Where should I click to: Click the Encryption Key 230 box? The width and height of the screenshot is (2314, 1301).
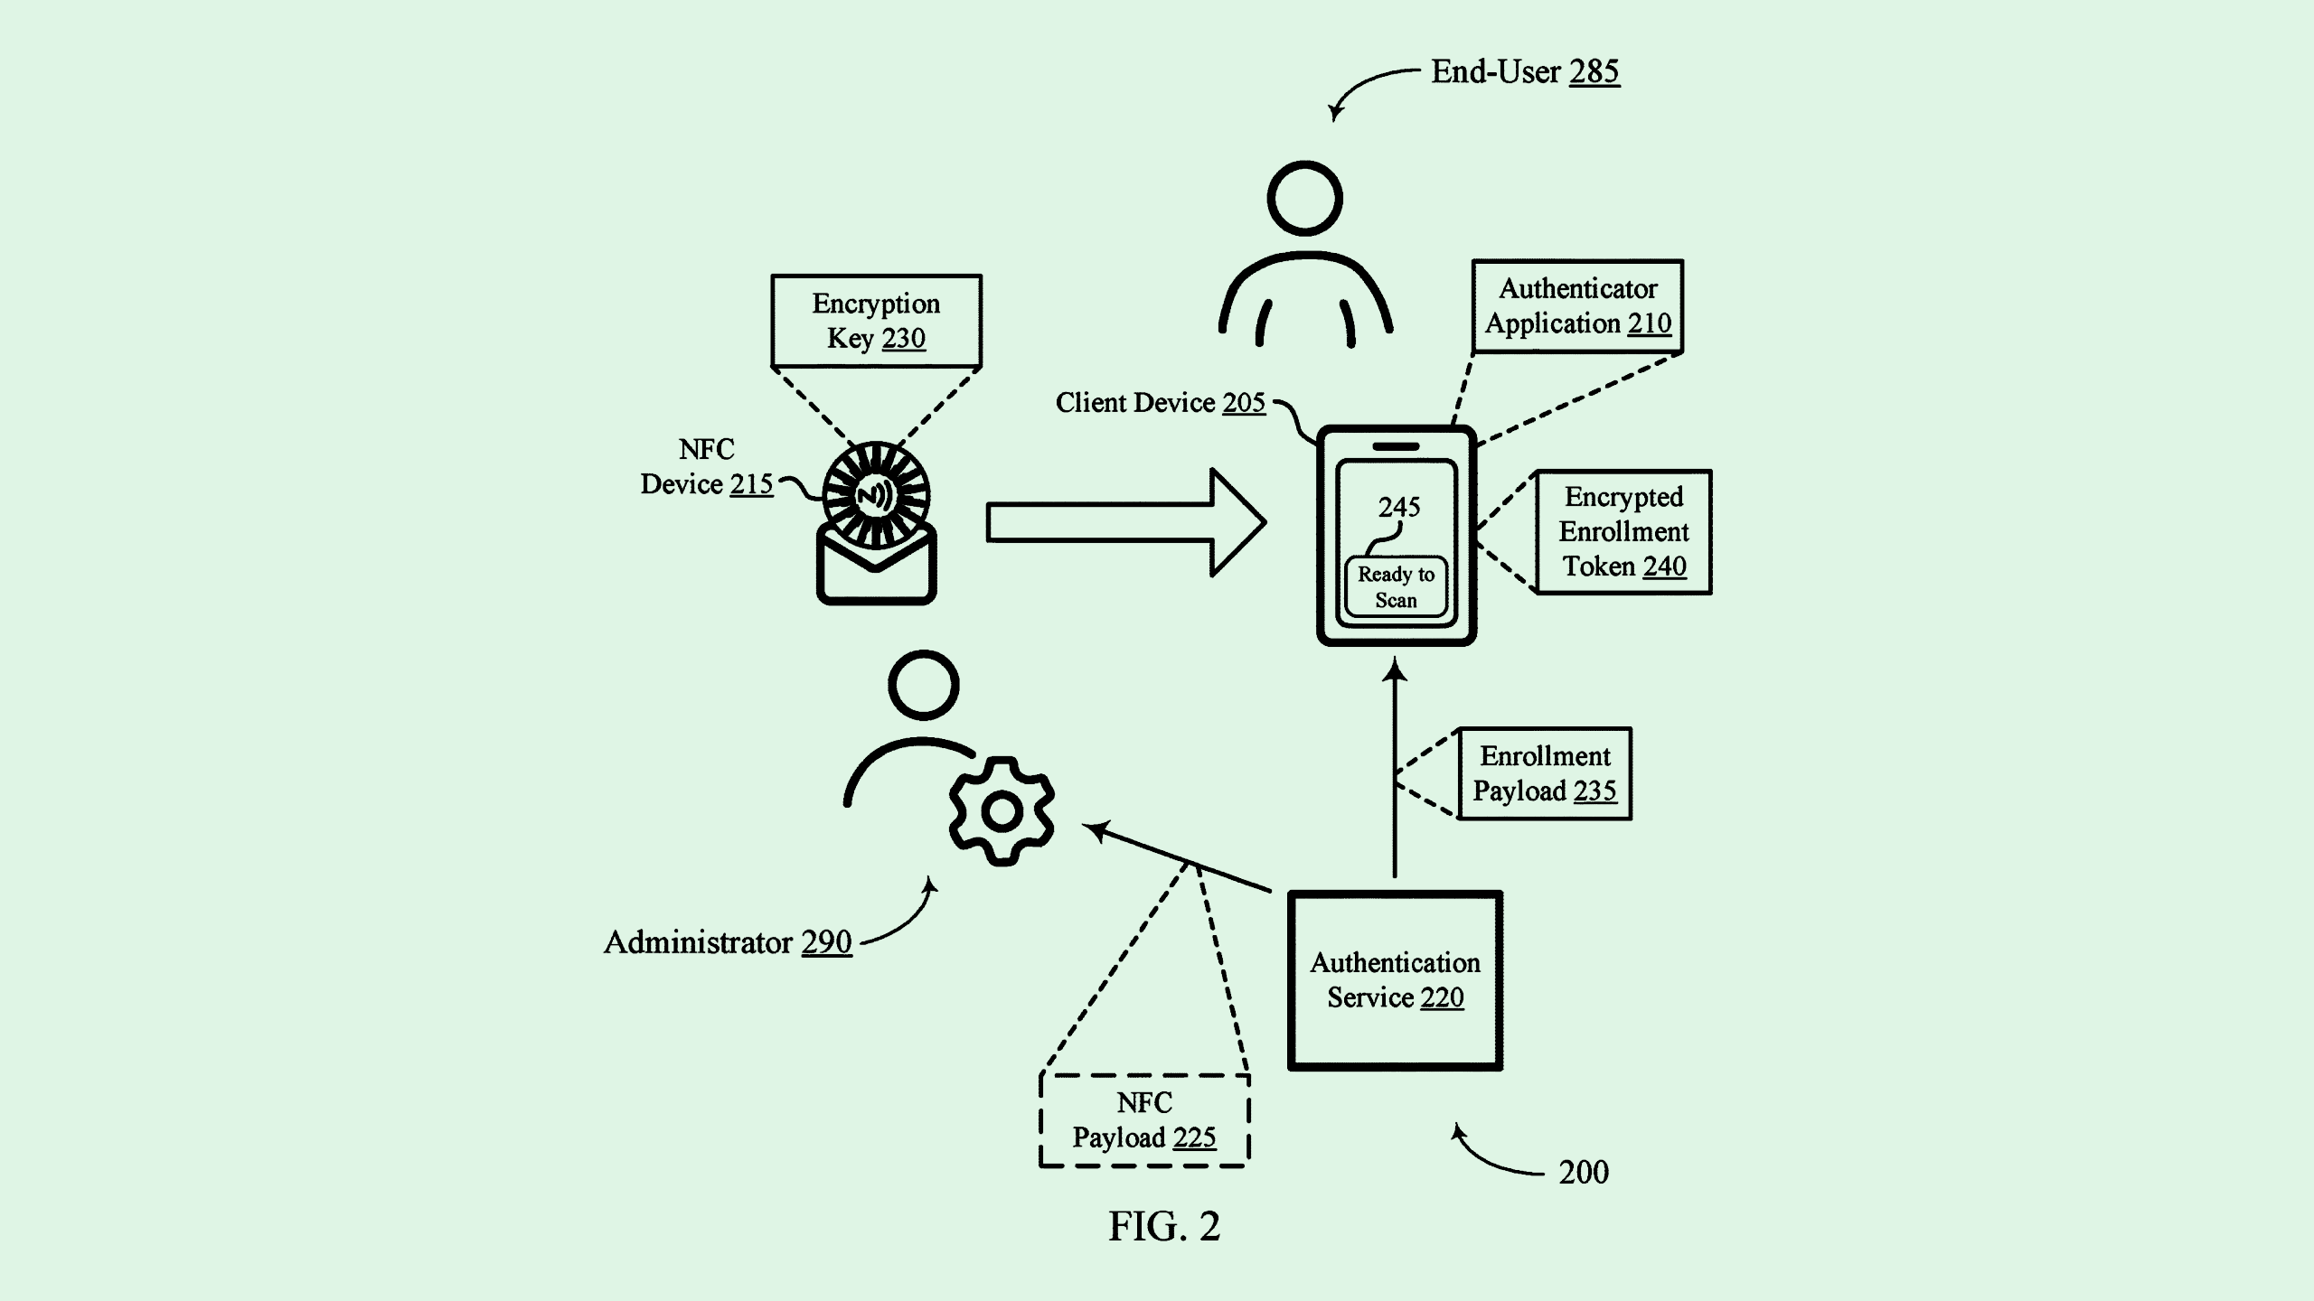876,321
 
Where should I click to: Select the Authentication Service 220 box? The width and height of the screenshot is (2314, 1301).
1395,980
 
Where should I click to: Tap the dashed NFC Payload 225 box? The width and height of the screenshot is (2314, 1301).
1144,1120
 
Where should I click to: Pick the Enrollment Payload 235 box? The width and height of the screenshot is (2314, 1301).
1545,773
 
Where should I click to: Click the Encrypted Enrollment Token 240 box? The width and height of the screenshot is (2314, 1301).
1623,531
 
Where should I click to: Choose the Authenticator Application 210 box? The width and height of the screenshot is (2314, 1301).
1577,306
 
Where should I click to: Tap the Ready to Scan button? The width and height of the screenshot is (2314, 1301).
1396,587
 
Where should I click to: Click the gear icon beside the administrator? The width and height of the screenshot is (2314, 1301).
1002,811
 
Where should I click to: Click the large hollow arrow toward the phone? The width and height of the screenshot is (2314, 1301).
1125,522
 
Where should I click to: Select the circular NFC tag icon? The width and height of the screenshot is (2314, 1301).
875,494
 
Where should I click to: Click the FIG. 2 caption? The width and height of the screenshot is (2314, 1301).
1164,1226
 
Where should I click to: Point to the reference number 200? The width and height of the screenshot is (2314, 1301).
1583,1172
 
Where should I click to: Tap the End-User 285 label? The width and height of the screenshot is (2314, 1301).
1525,71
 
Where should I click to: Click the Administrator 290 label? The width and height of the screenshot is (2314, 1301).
728,942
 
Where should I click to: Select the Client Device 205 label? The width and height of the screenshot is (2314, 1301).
1160,402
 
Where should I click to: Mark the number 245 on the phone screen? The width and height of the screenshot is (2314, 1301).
1398,507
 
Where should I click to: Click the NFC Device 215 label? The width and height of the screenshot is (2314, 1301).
707,466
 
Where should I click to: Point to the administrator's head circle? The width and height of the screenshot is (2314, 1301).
923,685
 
